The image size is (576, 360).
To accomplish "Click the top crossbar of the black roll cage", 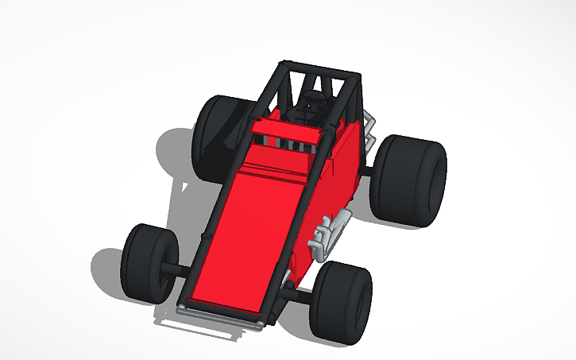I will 318,69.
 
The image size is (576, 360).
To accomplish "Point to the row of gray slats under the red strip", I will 286,144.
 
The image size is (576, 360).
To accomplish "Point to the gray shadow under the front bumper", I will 199,326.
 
